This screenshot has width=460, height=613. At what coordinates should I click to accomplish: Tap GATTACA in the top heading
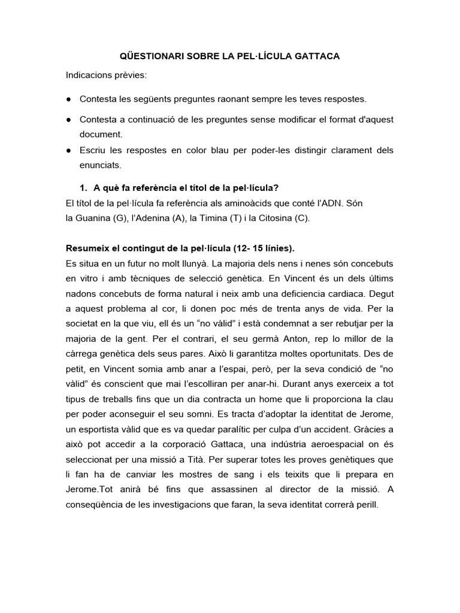click(x=316, y=56)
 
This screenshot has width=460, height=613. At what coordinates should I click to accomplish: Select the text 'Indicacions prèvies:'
click(x=105, y=76)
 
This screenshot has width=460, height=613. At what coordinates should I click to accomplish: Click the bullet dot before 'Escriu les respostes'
click(x=69, y=150)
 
